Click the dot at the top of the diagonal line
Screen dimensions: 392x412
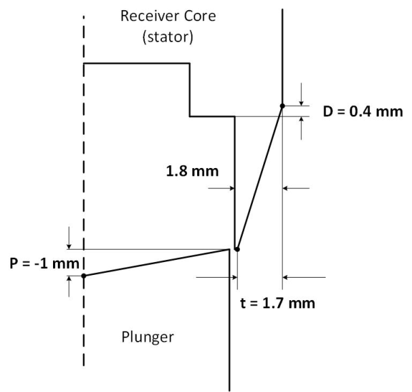[x=281, y=105]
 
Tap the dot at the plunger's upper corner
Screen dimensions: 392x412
[x=237, y=249]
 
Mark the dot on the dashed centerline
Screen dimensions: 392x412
[x=84, y=276]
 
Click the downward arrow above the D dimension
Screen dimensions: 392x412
[x=301, y=95]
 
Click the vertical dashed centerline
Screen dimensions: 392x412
[x=84, y=170]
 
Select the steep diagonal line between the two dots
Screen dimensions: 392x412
[x=259, y=177]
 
